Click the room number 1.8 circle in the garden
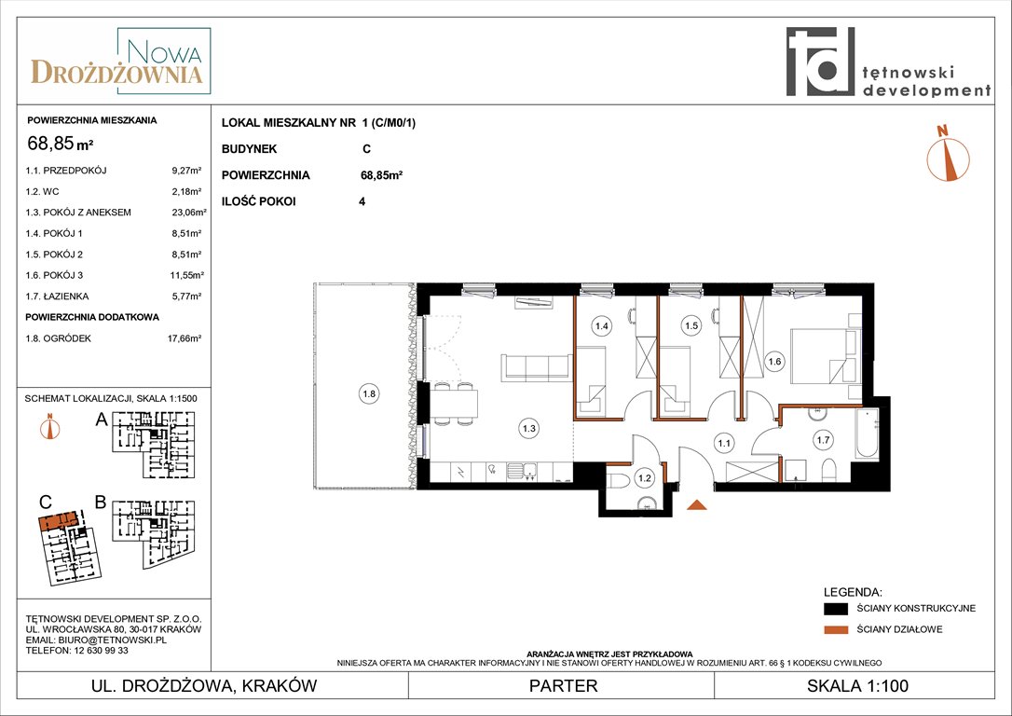pos(369,393)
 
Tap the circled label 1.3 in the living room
pos(529,428)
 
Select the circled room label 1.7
pos(823,440)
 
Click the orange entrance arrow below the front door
pos(696,505)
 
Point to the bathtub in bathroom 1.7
pos(867,434)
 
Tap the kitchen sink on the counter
pos(522,472)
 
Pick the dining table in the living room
pos(455,404)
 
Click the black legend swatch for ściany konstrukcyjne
pos(836,608)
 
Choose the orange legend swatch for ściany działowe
pos(836,629)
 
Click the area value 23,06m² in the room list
pos(188,213)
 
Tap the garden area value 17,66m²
pos(185,338)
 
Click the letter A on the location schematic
pos(102,420)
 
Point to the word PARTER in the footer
pos(564,685)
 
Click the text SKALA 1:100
pos(857,685)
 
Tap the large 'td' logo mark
pos(820,62)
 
